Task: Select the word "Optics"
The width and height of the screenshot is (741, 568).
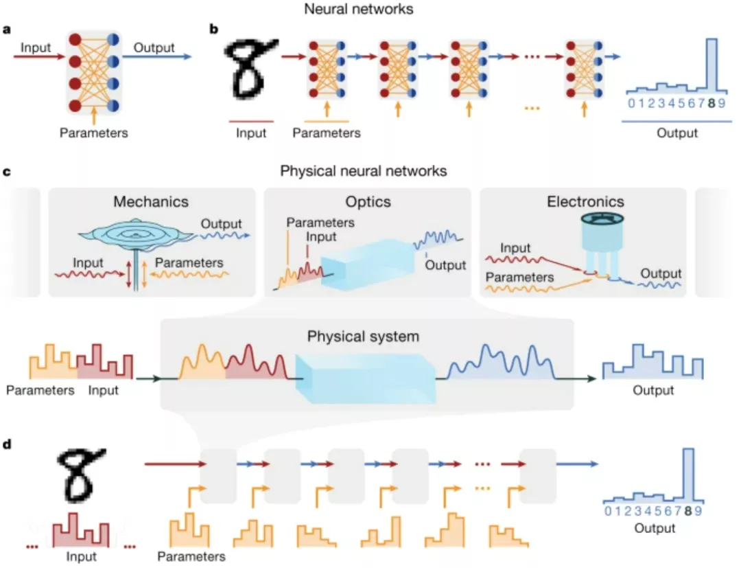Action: tap(368, 201)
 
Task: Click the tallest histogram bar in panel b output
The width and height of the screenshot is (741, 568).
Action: tap(711, 65)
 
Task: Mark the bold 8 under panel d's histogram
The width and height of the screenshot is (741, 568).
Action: tap(688, 511)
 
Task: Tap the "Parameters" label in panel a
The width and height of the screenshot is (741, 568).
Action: tap(93, 133)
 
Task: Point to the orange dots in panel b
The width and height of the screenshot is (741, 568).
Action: tap(532, 109)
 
